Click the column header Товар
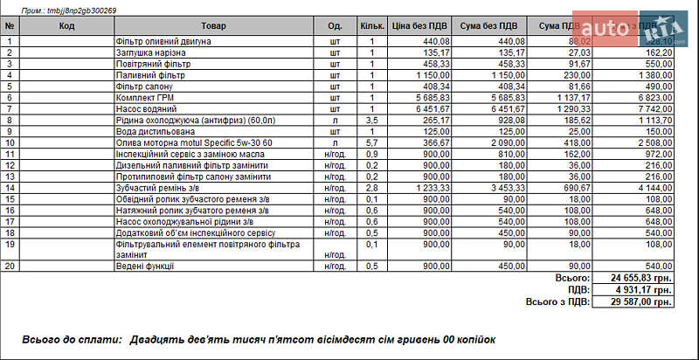(213, 26)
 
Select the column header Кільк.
(371, 26)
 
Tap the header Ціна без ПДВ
(421, 26)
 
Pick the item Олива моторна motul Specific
(194, 142)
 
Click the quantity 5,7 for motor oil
(371, 142)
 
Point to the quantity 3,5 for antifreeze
(371, 120)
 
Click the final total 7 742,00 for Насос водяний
(652, 108)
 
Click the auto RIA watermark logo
(638, 31)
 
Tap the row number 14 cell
(10, 188)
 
